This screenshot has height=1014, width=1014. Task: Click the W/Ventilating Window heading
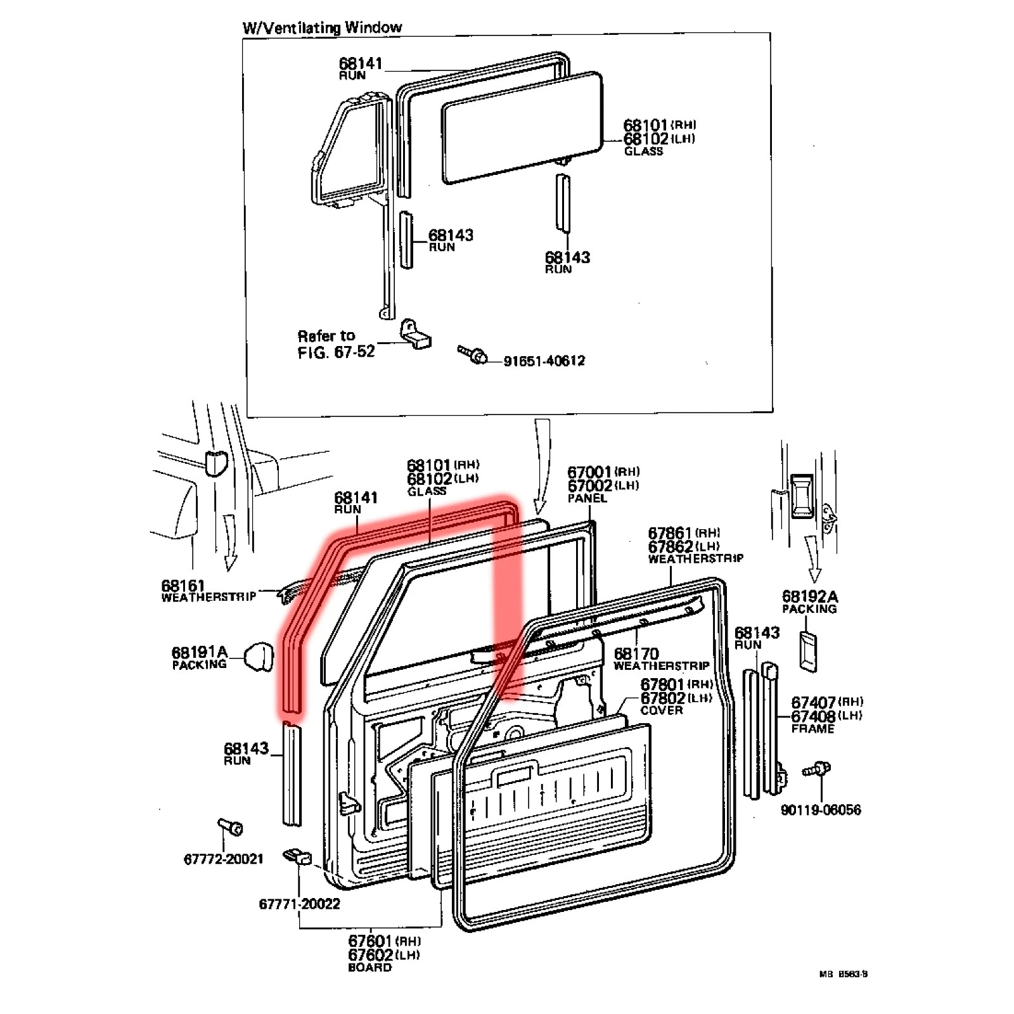[322, 27]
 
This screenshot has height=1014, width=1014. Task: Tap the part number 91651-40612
[544, 361]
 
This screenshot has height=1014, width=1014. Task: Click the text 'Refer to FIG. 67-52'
[336, 344]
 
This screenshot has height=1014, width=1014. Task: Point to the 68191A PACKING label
[199, 657]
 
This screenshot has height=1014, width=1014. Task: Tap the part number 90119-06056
[821, 810]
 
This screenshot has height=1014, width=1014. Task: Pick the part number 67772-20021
[223, 859]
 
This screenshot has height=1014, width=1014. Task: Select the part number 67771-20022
[299, 904]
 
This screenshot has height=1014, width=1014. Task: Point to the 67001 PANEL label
[602, 485]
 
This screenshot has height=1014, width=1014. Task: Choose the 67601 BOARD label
[383, 954]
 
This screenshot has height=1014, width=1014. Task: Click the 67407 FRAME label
[826, 715]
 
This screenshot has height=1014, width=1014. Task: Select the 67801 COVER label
[676, 696]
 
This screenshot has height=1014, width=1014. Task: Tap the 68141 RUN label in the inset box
[360, 68]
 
